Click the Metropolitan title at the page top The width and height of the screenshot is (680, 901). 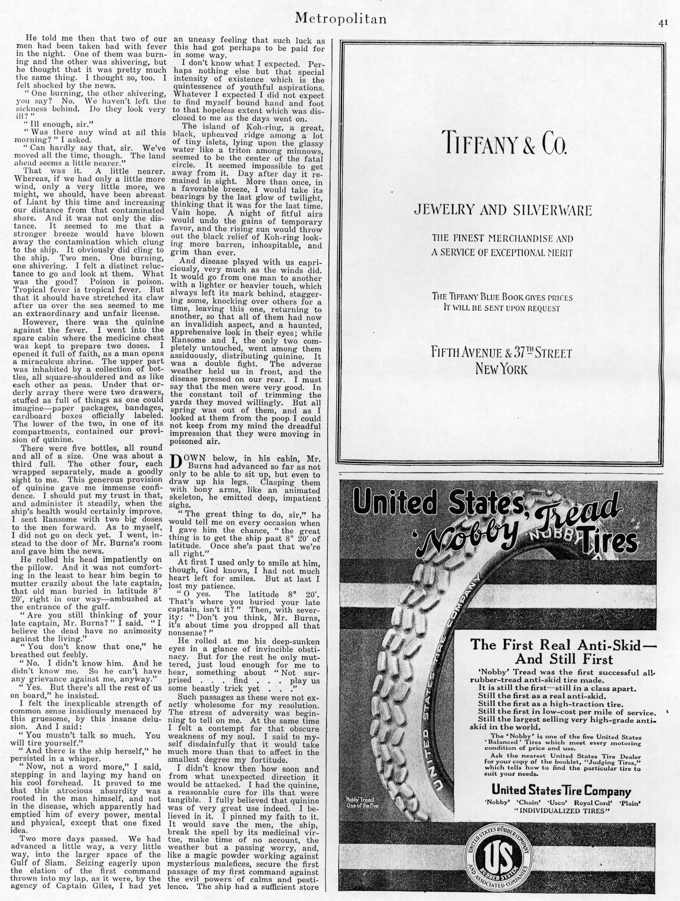pos(340,19)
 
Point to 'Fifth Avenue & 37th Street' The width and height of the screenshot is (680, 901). pos(502,353)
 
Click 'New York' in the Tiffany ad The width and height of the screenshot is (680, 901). pos(502,369)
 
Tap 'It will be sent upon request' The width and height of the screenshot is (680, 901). pos(502,308)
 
